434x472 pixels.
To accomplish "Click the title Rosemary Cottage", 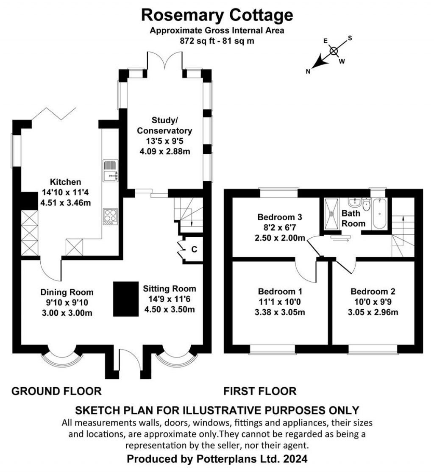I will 217,15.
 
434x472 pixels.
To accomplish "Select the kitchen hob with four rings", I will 110,217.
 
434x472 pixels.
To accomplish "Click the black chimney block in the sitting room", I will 125,299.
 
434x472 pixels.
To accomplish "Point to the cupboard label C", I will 194,250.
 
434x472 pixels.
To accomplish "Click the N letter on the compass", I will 308,71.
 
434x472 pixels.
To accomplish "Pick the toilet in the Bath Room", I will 367,205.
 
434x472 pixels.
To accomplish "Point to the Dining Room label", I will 67,292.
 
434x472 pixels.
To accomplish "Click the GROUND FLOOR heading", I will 56,391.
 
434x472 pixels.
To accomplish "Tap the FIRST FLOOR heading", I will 260,391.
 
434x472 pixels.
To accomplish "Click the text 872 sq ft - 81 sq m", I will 217,41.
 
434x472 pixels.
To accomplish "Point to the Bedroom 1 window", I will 273,349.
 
